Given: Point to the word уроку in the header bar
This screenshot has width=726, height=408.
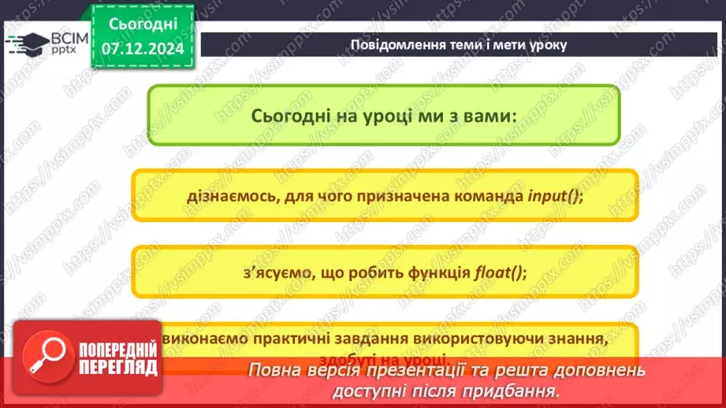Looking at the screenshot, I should (x=547, y=45).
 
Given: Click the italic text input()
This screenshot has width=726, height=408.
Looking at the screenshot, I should (x=555, y=197).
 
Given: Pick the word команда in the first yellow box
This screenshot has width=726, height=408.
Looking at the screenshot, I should (x=483, y=197).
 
